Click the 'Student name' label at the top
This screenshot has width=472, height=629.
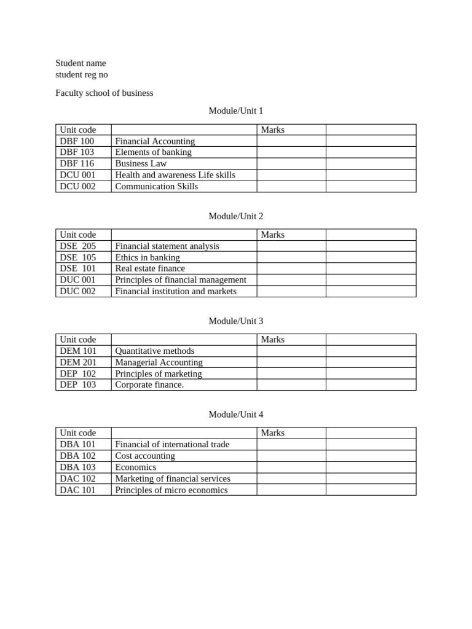81,63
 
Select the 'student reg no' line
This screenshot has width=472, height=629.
81,75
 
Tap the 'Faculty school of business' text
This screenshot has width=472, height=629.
104,93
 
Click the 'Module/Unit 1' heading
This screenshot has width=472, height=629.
235,111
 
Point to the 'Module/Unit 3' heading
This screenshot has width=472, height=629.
235,321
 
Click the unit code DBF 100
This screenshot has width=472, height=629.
77,141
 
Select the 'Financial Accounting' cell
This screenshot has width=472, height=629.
155,141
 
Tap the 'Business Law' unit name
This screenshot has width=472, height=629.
141,164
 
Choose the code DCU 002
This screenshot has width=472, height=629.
77,187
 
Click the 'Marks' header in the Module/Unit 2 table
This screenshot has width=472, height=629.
272,235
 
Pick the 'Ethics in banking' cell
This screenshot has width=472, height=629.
147,257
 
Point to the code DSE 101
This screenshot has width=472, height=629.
78,268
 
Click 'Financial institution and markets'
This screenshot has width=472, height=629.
176,291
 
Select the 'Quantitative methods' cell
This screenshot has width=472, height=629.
155,351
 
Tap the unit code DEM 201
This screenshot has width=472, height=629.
78,362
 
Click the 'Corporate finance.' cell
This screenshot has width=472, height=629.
149,385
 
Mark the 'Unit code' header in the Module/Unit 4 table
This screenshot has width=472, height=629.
77,433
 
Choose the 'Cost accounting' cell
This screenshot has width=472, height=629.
145,456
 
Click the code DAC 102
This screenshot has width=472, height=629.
77,479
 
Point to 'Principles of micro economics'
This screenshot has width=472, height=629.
171,490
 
